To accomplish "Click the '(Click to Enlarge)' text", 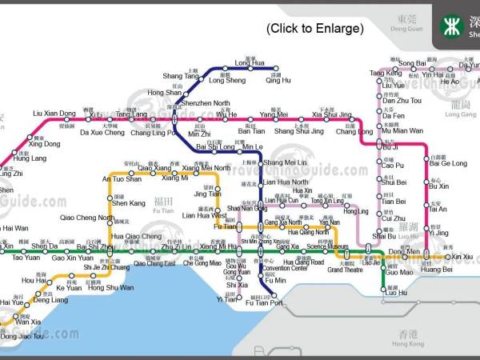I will tap(314, 29).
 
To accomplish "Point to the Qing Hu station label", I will tap(278, 81).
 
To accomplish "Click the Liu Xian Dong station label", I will tap(54, 114).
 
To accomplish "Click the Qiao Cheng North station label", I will tap(87, 218).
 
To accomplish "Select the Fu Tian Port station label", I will tap(265, 303).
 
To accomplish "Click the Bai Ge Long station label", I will tap(448, 163).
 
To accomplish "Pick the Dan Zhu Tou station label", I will tap(401, 101).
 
